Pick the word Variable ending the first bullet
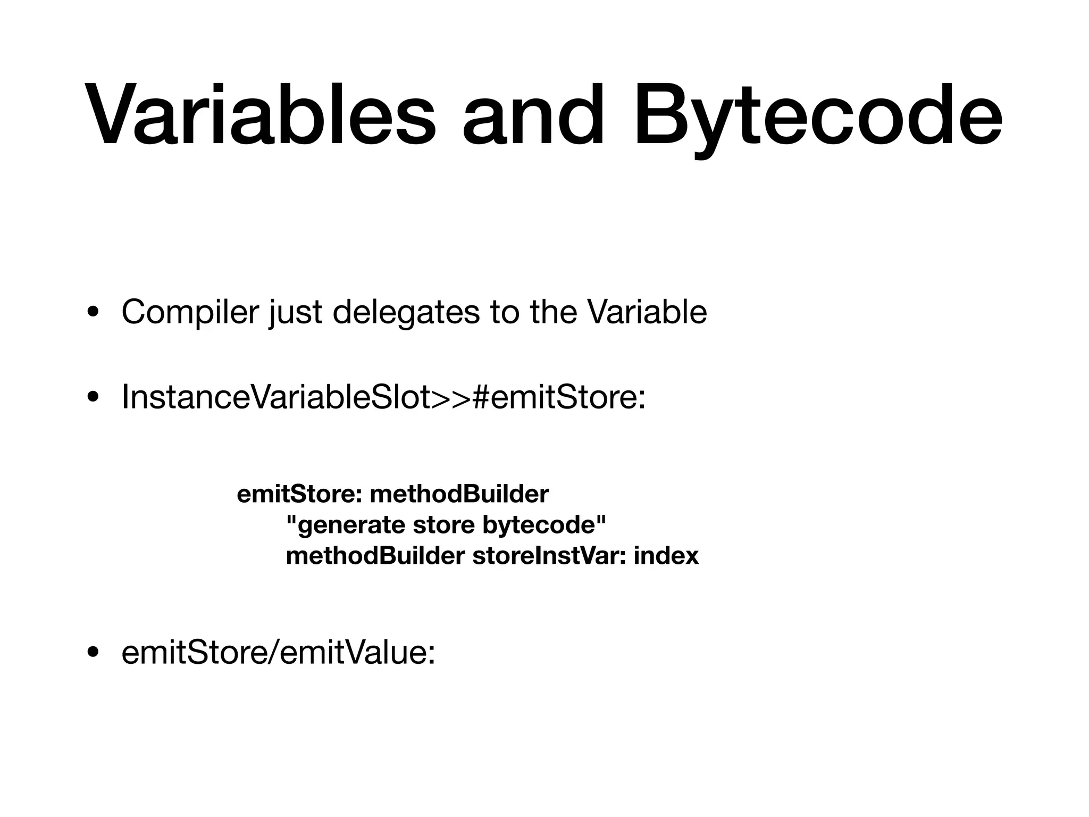(647, 312)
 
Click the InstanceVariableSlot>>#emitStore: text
(383, 397)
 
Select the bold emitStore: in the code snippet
(299, 495)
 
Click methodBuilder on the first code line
(459, 495)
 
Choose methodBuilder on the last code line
(375, 556)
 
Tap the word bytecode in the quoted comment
(544, 526)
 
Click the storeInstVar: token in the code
(549, 556)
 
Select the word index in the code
(666, 556)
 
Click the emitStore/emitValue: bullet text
(278, 653)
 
